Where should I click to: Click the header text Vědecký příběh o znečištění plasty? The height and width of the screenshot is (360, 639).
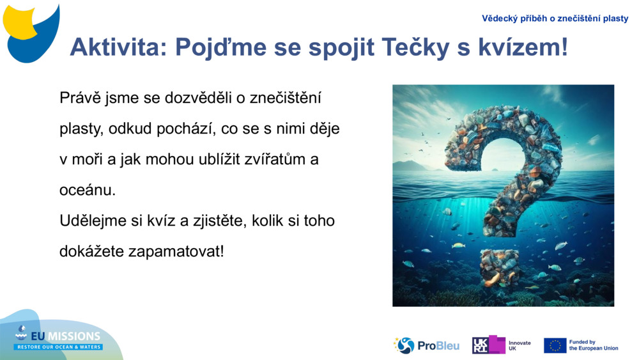(555, 19)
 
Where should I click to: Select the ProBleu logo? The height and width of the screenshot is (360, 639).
(426, 345)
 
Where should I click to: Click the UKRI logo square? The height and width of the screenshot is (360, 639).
(489, 345)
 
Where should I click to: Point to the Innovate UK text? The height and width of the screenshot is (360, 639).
(520, 345)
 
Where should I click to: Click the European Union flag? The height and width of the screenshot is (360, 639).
(555, 345)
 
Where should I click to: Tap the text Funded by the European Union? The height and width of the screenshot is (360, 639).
(593, 345)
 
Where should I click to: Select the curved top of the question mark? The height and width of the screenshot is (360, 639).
(505, 128)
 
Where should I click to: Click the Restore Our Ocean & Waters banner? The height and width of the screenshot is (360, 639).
(59, 347)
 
